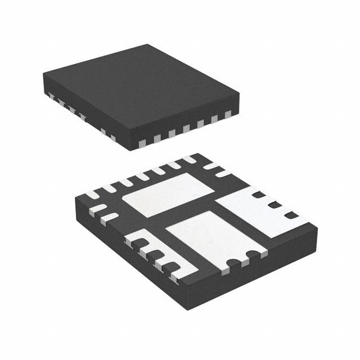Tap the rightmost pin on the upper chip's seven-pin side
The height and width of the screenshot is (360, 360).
(228, 115)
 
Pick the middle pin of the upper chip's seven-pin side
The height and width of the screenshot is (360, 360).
(186, 127)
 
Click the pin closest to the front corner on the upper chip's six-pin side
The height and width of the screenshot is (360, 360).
(112, 137)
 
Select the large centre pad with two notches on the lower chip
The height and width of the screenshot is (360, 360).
(211, 236)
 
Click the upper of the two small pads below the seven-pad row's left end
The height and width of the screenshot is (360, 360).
(98, 209)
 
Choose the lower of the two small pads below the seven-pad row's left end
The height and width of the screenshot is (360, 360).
(109, 217)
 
